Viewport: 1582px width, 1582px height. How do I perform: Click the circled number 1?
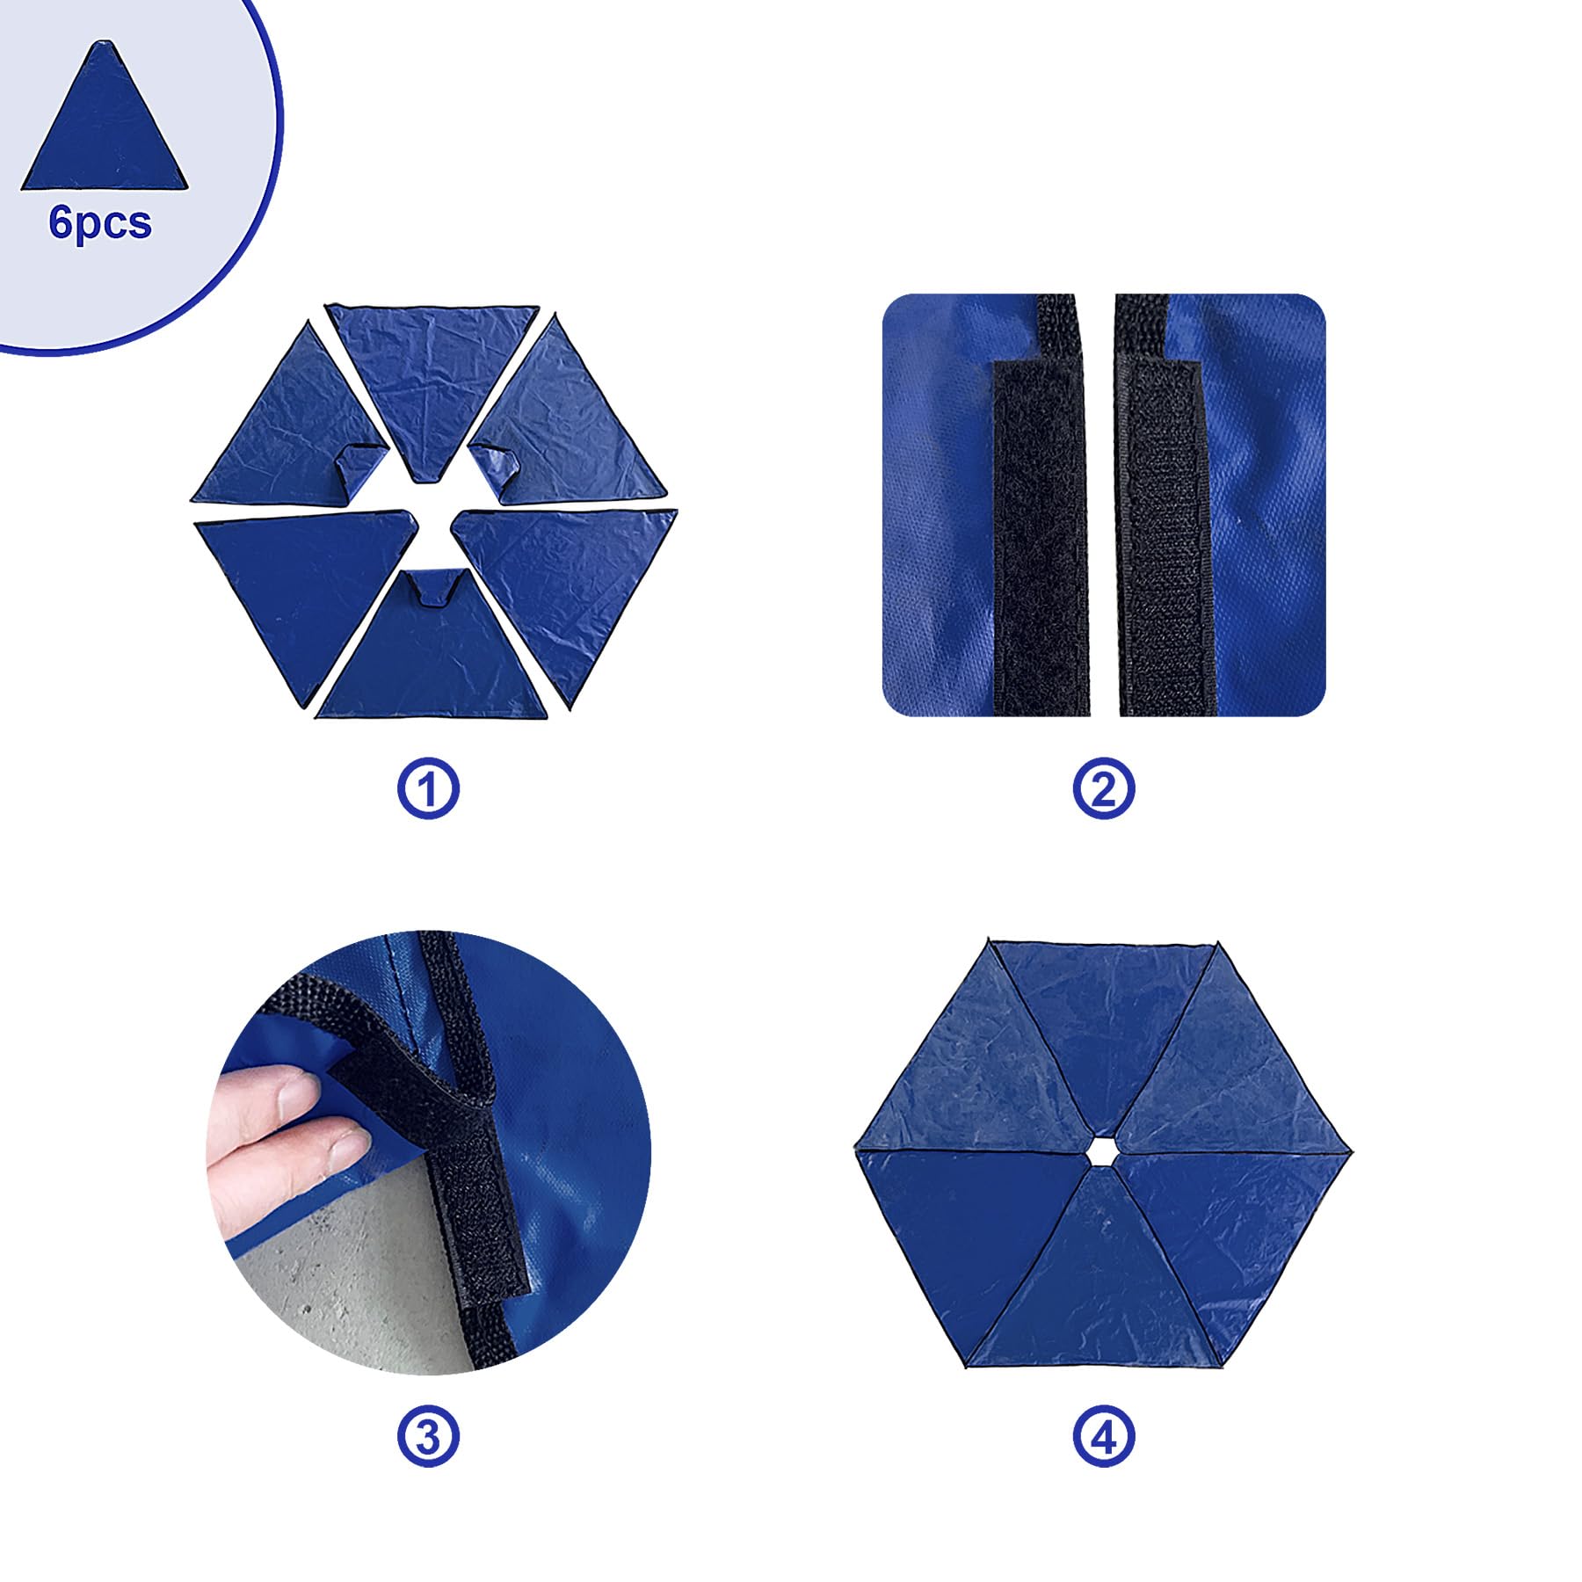tap(428, 788)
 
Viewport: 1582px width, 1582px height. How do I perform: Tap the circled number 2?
tap(1104, 788)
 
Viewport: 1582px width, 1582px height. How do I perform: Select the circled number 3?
tap(428, 1437)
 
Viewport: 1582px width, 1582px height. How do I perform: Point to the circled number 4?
tap(1104, 1437)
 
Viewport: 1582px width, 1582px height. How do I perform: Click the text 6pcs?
tap(100, 223)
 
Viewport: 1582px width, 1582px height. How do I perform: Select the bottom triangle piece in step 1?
tap(432, 650)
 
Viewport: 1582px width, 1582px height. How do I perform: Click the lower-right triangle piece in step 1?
tap(567, 584)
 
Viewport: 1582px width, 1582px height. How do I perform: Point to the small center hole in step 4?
tap(1099, 1150)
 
